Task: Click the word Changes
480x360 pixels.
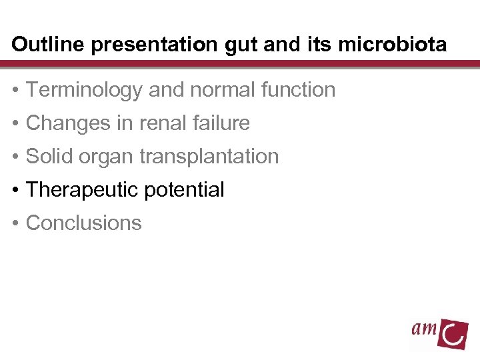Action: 67,123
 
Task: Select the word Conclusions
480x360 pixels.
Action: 83,223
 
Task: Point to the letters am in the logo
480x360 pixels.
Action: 424,328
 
